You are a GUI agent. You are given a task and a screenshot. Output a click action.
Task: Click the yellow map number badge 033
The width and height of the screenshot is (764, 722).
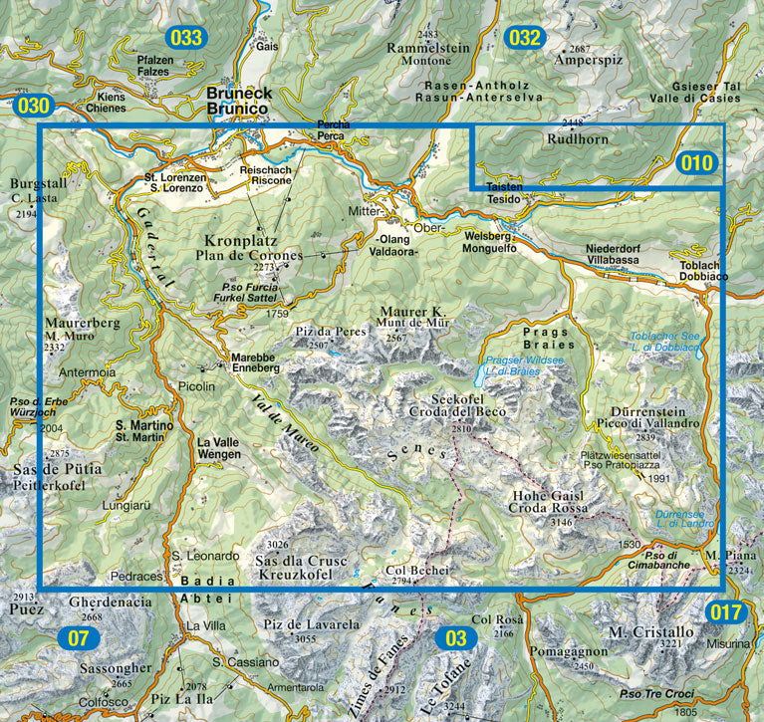point(186,39)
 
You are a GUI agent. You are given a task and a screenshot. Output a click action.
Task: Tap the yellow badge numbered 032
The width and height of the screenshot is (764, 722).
point(524,39)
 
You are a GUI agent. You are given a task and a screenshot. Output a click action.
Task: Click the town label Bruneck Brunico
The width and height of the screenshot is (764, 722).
point(238,100)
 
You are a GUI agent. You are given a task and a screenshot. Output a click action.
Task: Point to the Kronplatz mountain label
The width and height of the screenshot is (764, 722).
point(239,241)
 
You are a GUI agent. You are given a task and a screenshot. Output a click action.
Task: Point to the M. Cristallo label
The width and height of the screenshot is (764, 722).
point(650,631)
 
